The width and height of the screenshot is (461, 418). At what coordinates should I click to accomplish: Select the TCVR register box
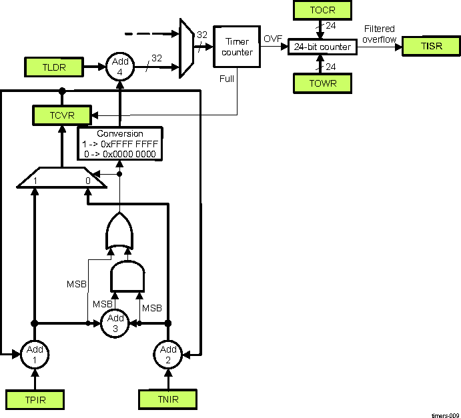click(x=61, y=115)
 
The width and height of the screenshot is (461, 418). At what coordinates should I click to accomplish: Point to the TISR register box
click(x=431, y=46)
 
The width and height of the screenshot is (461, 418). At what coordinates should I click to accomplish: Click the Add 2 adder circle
click(x=168, y=353)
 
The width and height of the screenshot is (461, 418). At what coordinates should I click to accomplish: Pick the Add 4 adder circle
click(x=120, y=66)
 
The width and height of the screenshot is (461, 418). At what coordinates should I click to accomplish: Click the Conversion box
click(x=121, y=143)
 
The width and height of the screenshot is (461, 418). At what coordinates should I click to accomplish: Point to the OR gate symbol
click(x=119, y=232)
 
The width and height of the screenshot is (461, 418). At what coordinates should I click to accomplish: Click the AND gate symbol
click(x=127, y=276)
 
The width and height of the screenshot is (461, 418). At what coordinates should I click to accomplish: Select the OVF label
click(x=273, y=39)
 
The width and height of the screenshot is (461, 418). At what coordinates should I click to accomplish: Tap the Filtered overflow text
click(x=379, y=34)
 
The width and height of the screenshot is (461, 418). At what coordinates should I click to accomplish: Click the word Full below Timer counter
click(x=227, y=79)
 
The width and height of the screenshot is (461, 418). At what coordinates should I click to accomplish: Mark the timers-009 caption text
click(x=444, y=414)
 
